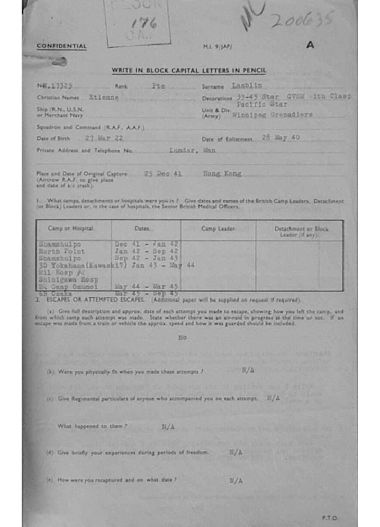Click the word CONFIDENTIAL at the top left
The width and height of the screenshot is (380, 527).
(x=62, y=47)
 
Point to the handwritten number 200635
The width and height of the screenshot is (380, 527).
(x=302, y=20)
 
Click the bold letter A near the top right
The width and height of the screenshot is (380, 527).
(x=310, y=45)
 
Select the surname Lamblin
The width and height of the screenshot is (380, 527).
(x=247, y=86)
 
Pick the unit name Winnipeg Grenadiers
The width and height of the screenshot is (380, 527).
(x=272, y=115)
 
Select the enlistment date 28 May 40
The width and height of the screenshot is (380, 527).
(x=280, y=138)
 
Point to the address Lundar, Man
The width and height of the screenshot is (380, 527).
(x=193, y=150)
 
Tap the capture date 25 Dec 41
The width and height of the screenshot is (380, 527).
(x=163, y=174)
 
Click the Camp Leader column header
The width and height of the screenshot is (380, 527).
(x=218, y=228)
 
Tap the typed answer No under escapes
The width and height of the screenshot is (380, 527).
(x=183, y=338)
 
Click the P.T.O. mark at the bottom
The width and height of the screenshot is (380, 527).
(x=330, y=517)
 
